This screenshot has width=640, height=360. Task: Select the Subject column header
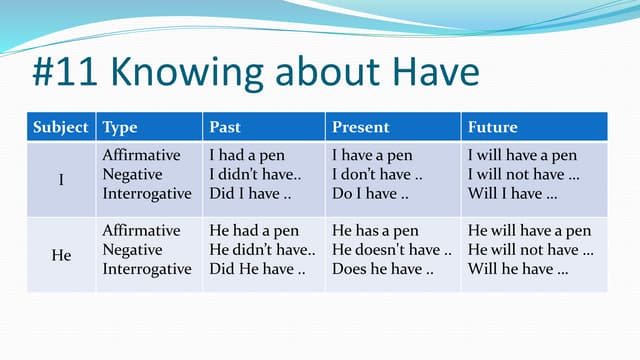[x=61, y=128]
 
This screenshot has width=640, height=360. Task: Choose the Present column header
[x=360, y=128]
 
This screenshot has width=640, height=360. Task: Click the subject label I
[x=61, y=180]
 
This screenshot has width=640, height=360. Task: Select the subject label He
[x=61, y=255]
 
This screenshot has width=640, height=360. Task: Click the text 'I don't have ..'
[x=377, y=175]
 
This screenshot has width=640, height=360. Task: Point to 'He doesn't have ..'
[x=391, y=250]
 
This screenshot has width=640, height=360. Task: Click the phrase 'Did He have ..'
[x=251, y=269]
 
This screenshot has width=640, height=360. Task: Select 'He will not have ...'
[x=530, y=250]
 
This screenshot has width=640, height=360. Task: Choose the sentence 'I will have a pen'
[x=522, y=156]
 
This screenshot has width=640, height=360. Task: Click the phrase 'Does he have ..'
[x=382, y=269]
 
